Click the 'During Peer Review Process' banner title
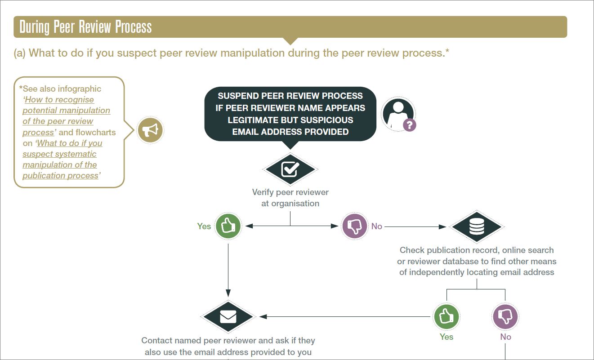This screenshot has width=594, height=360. tap(85, 27)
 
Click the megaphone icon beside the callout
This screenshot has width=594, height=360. tap(150, 130)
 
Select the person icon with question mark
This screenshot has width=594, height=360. tap(398, 114)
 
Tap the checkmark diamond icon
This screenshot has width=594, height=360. tap(290, 169)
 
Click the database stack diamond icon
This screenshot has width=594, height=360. tap(477, 227)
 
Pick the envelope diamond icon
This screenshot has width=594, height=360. tap(228, 317)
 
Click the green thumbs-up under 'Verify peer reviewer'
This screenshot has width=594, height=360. tap(228, 226)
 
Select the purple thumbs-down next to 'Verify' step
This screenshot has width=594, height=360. tap(354, 226)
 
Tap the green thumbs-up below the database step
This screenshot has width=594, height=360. tap(446, 316)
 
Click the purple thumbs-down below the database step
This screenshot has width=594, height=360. tap(505, 316)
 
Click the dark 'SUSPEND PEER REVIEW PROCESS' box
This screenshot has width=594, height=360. tap(290, 114)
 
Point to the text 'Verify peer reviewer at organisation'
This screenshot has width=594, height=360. tap(290, 198)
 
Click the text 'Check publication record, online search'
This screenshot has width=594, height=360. tap(477, 250)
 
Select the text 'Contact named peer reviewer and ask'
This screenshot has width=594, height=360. tap(228, 341)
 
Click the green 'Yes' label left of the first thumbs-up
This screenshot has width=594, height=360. tap(204, 227)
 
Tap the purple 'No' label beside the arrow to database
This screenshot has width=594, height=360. tap(377, 227)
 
